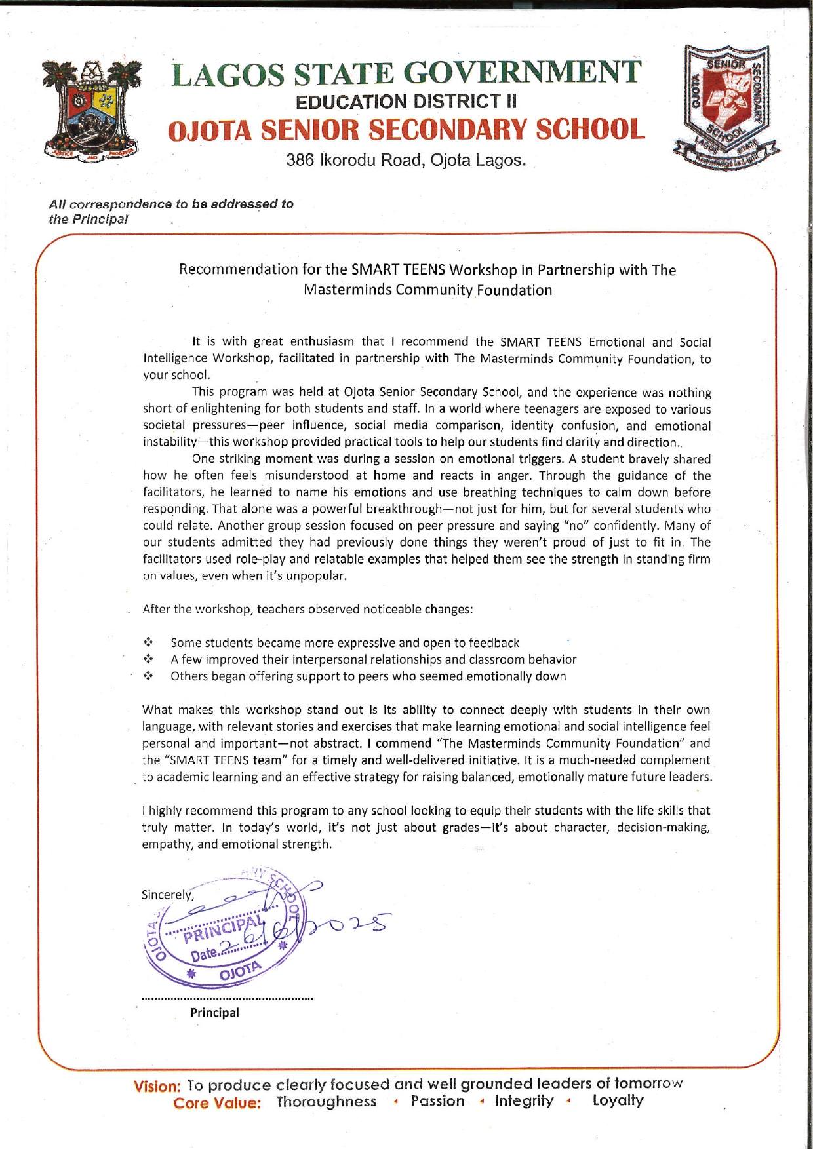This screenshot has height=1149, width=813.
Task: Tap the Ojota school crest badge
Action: click(x=726, y=107)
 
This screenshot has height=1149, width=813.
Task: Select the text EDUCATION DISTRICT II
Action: click(x=406, y=102)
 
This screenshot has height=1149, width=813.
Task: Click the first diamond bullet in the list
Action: click(x=148, y=642)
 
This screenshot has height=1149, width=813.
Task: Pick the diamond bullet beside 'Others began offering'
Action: click(x=148, y=676)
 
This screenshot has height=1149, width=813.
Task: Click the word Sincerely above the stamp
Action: click(x=167, y=895)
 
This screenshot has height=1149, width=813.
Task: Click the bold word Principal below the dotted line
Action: click(x=214, y=1012)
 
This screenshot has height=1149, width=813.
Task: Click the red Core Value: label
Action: click(x=217, y=1103)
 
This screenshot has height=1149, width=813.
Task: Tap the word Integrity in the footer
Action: click(x=524, y=1101)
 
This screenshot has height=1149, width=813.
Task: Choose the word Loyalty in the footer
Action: click(x=618, y=1100)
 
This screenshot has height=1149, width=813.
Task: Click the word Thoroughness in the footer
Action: click(x=327, y=1102)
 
